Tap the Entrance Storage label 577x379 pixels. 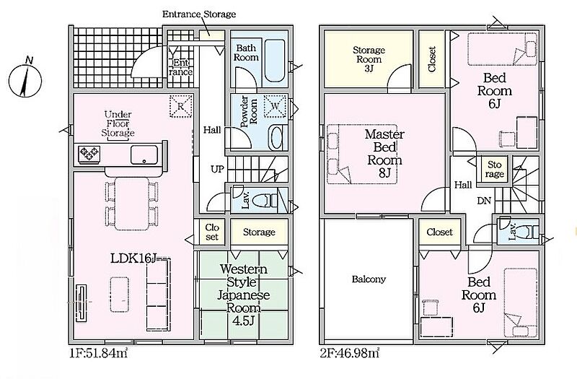pos(199,14)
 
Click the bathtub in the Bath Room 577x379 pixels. pos(275,61)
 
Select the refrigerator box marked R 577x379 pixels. pos(181,106)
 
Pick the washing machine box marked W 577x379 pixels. pos(276,106)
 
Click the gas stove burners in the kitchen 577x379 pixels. pos(89,154)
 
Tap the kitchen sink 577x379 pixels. pos(144,154)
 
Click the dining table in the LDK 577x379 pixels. pos(132,204)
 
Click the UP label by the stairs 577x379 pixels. pos(217,169)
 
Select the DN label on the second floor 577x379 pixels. pos(484,201)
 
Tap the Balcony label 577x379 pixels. pos(369,279)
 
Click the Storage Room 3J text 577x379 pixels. pos(369,59)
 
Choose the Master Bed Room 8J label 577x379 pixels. pos(384,153)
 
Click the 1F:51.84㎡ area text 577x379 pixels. pos(99,353)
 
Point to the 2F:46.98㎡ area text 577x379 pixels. pos(350,353)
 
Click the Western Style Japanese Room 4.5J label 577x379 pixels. pos(243,295)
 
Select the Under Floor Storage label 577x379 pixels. pos(118,123)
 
